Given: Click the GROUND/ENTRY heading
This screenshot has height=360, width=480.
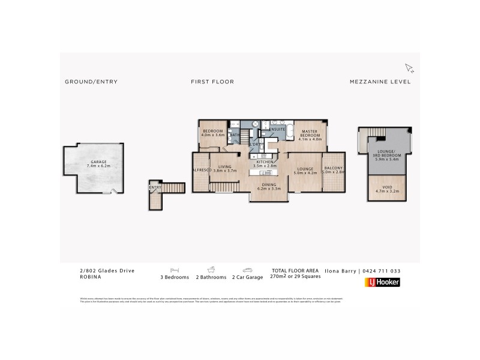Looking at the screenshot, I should point(91,82).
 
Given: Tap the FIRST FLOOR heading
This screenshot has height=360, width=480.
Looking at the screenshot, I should point(212,82).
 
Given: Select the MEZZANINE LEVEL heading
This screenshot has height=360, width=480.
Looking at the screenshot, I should point(380,82).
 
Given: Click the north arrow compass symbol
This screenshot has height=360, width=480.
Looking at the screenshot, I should point(409,68).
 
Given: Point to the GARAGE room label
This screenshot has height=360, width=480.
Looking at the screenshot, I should point(98,162).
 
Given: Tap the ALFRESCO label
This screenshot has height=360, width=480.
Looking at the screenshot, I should point(200,170).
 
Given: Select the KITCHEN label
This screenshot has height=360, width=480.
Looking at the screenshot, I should point(265,162).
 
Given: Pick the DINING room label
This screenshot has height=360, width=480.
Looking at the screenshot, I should point(268,185).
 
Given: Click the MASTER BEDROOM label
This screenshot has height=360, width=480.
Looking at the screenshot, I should point(310,133).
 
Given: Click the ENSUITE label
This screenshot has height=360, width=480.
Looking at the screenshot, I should point(277,129).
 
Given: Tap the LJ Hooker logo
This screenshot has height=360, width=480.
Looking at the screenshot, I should point(382,282).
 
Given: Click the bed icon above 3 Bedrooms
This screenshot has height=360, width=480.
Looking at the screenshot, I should point(175,270).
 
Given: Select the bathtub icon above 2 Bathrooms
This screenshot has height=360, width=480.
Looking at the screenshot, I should point(211,270).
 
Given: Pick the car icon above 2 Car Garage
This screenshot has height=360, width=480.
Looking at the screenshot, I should point(247,270).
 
